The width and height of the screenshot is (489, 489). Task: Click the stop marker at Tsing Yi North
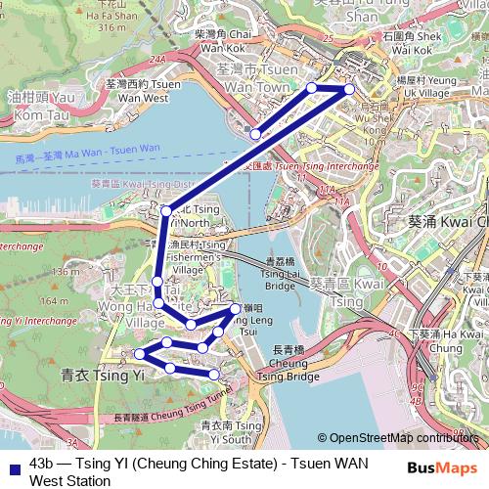pos(166,210)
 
